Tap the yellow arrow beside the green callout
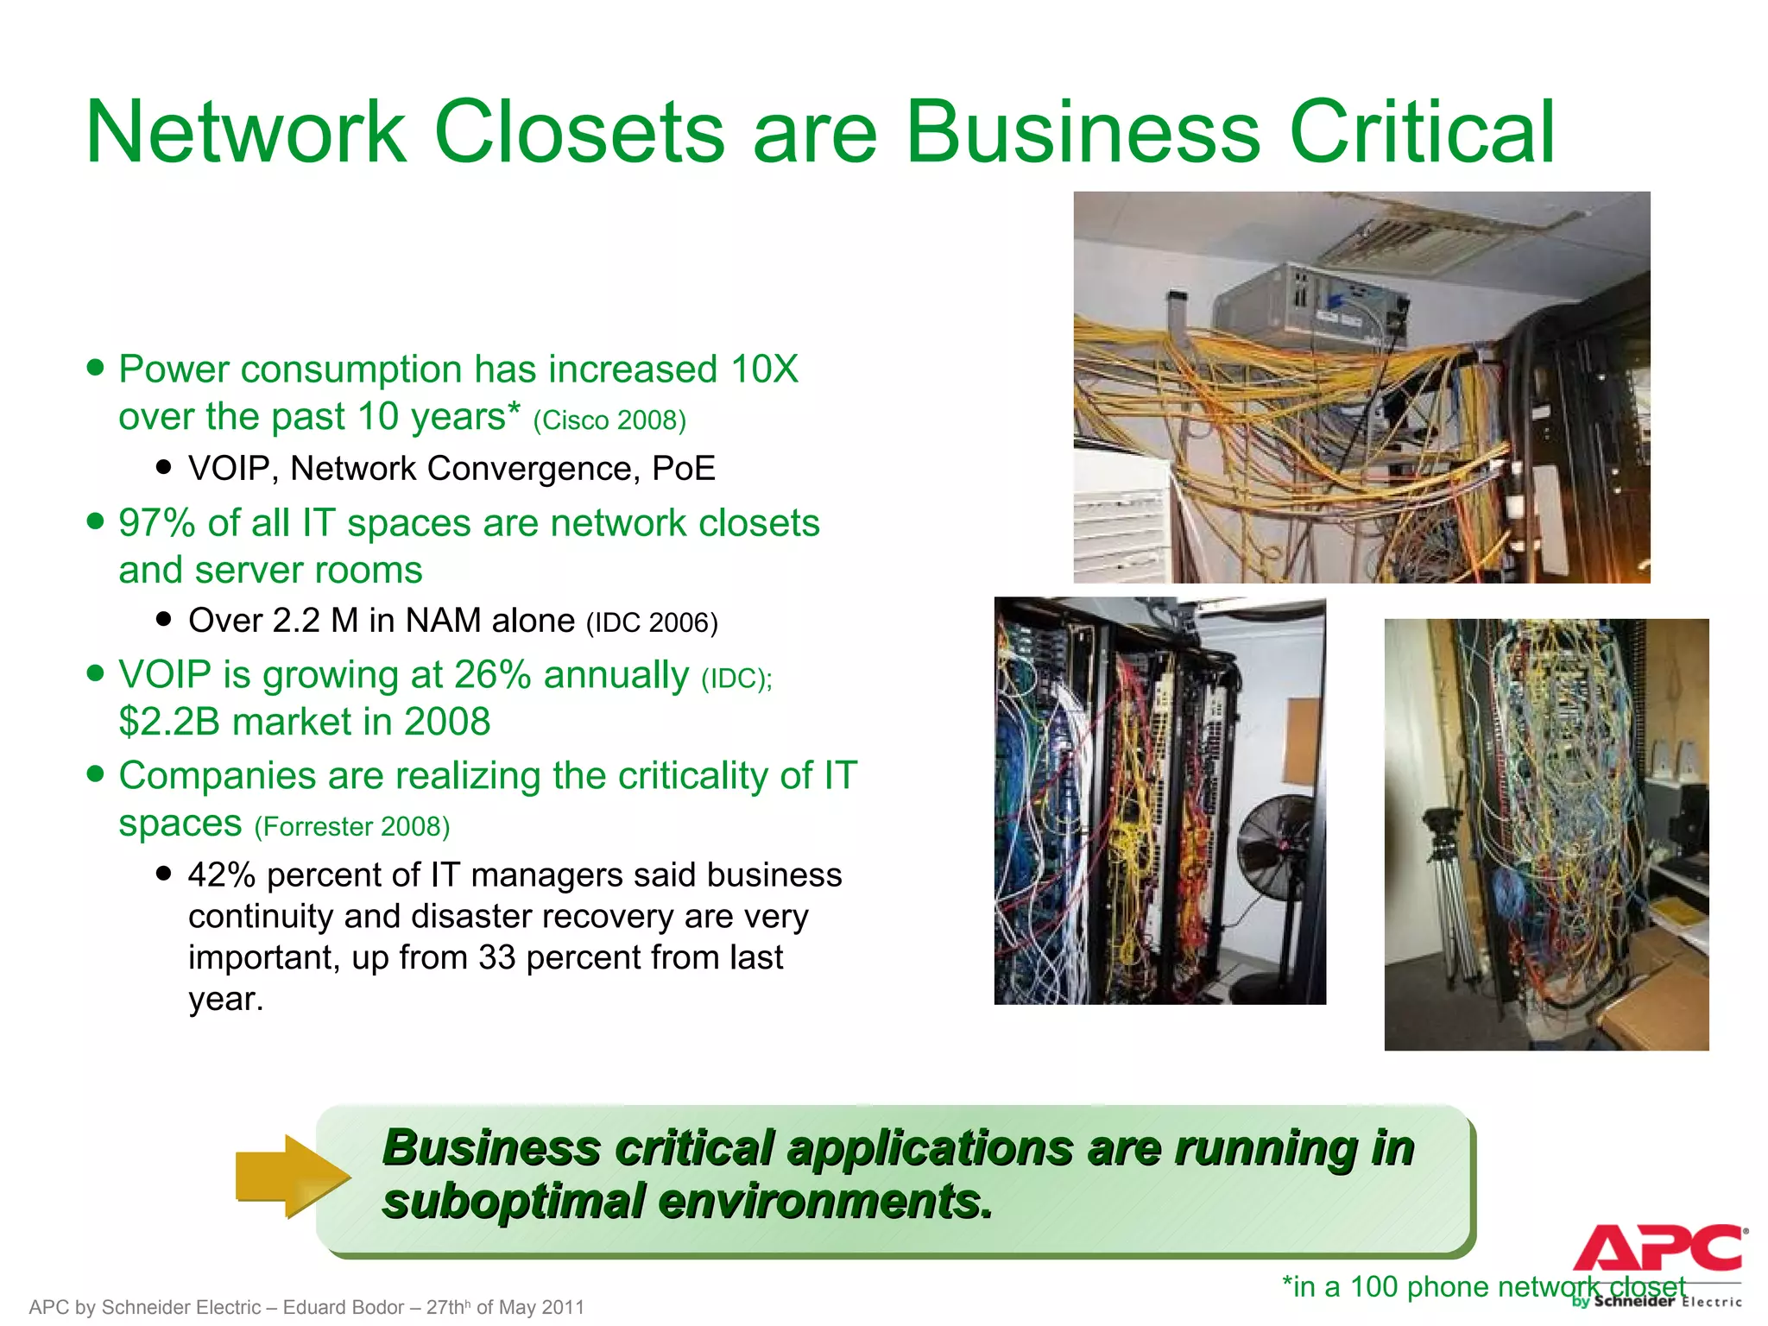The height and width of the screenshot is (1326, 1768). pyautogui.click(x=292, y=1176)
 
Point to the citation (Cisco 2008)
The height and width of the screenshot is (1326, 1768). pyautogui.click(x=609, y=420)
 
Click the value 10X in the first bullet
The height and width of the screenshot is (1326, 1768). pyautogui.click(x=764, y=369)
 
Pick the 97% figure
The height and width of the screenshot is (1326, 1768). pyautogui.click(x=156, y=523)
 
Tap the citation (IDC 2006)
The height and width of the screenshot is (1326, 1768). pyautogui.click(x=652, y=622)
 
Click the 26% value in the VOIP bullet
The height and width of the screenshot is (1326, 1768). pyautogui.click(x=492, y=675)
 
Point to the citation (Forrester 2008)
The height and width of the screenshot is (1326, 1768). pyautogui.click(x=352, y=827)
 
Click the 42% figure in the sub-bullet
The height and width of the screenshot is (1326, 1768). pyautogui.click(x=222, y=875)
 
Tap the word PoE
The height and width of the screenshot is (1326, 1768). pyautogui.click(x=684, y=469)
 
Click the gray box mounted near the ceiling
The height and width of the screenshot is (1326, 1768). pyautogui.click(x=1312, y=306)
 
